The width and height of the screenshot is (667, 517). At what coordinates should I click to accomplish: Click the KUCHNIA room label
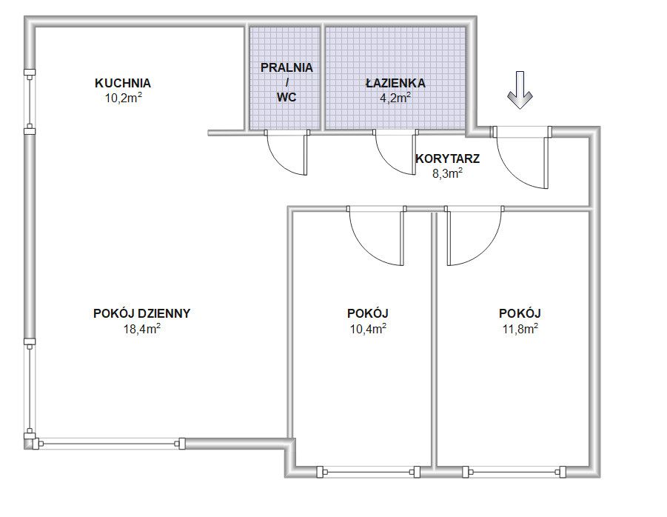pyautogui.click(x=123, y=83)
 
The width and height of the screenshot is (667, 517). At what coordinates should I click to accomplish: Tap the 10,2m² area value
pyautogui.click(x=124, y=98)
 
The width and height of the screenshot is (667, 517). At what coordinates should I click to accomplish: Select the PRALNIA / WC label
pyautogui.click(x=286, y=82)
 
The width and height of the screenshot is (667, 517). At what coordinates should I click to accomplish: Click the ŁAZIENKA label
pyautogui.click(x=395, y=82)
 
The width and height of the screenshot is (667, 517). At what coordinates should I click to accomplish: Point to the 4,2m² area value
pyautogui.click(x=395, y=98)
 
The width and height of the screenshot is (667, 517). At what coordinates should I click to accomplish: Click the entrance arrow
pyautogui.click(x=520, y=90)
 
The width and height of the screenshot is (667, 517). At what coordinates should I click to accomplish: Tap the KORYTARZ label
pyautogui.click(x=447, y=159)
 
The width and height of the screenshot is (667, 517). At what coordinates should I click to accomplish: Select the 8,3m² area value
pyautogui.click(x=447, y=173)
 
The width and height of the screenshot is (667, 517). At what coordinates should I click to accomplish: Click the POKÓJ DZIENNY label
pyautogui.click(x=141, y=313)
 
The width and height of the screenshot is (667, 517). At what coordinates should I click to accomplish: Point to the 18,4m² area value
pyautogui.click(x=141, y=329)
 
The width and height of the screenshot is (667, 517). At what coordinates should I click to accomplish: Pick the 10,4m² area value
pyautogui.click(x=368, y=329)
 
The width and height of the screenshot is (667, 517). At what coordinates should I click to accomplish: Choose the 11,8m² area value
pyautogui.click(x=520, y=329)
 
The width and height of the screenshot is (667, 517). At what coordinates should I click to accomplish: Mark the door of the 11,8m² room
pyautogui.click(x=475, y=236)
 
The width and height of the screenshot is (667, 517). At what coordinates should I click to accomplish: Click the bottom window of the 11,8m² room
pyautogui.click(x=515, y=472)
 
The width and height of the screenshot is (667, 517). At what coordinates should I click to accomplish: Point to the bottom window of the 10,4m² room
pyautogui.click(x=369, y=472)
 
